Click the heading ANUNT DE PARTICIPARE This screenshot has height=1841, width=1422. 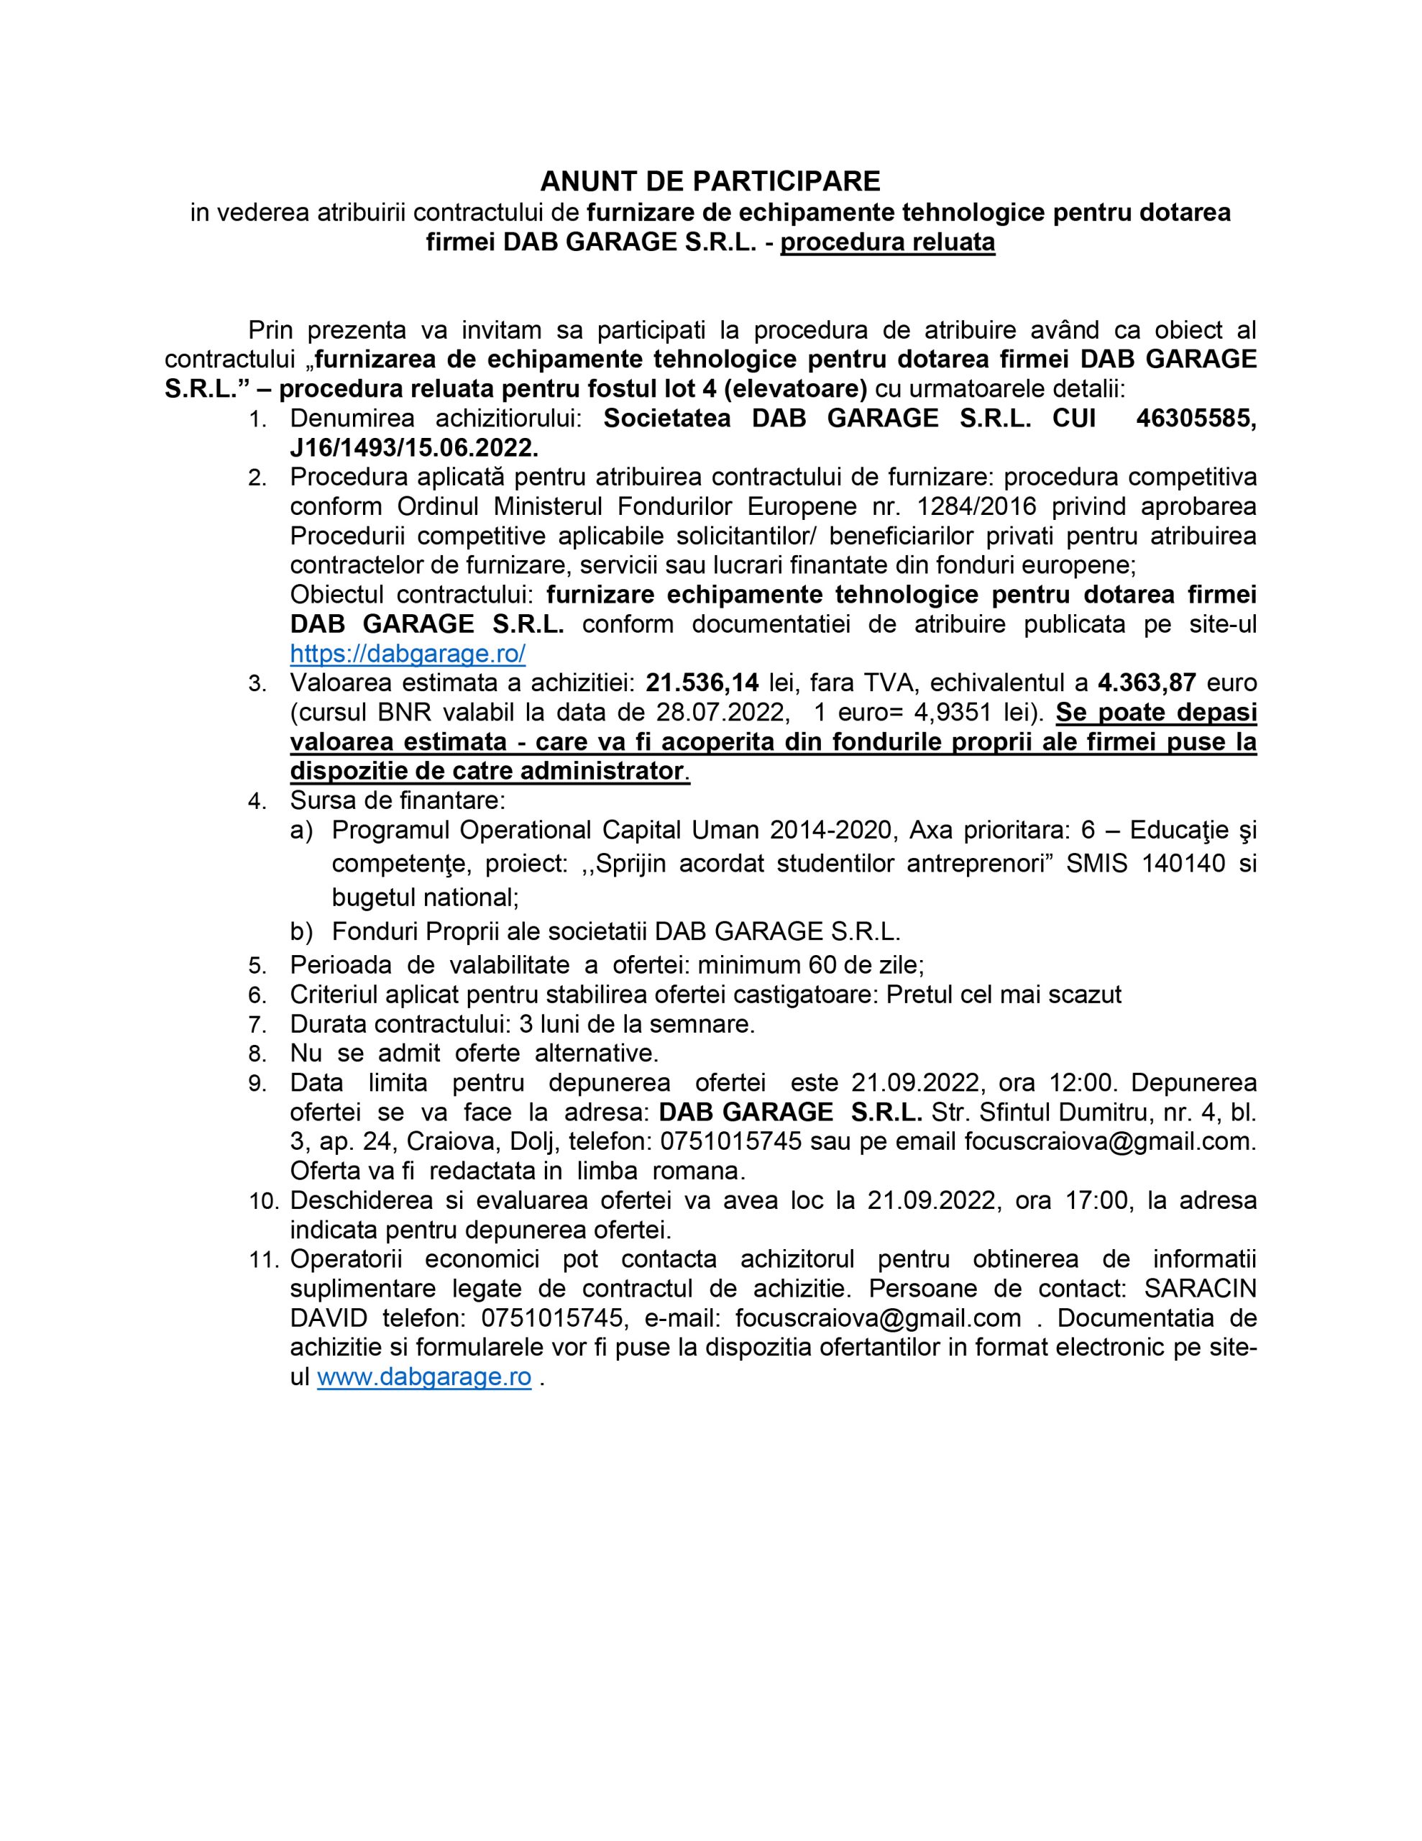point(710,181)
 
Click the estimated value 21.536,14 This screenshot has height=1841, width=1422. point(702,682)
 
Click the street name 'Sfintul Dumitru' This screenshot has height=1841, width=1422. point(1055,1112)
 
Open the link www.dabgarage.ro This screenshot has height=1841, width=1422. point(423,1377)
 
